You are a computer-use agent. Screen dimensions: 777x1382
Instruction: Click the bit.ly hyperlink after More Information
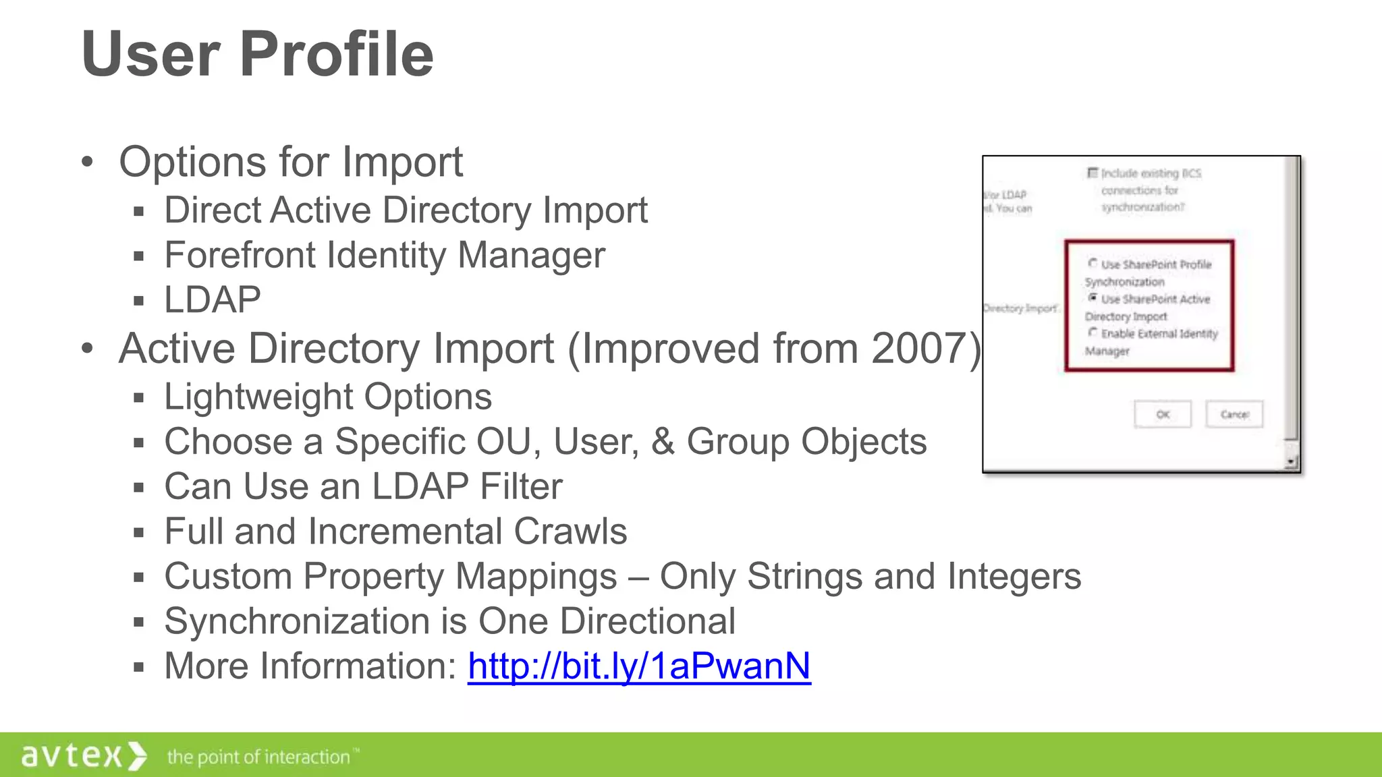639,666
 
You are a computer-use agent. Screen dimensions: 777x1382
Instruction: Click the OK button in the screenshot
1163,414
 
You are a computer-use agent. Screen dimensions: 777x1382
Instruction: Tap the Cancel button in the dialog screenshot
1234,414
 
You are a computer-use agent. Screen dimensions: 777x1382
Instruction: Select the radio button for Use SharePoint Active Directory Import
1093,297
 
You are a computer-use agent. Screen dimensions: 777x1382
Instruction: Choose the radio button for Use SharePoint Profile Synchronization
1093,263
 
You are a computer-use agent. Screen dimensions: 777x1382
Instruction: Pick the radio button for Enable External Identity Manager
1093,332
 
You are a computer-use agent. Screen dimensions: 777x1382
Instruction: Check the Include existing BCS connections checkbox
1093,173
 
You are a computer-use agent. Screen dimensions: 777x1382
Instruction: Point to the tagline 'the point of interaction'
260,757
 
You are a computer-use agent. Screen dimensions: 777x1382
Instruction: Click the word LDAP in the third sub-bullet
212,300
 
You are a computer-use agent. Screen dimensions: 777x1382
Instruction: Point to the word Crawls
570,531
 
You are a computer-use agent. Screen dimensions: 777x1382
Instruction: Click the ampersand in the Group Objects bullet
663,442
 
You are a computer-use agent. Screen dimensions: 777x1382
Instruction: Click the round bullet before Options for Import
87,162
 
